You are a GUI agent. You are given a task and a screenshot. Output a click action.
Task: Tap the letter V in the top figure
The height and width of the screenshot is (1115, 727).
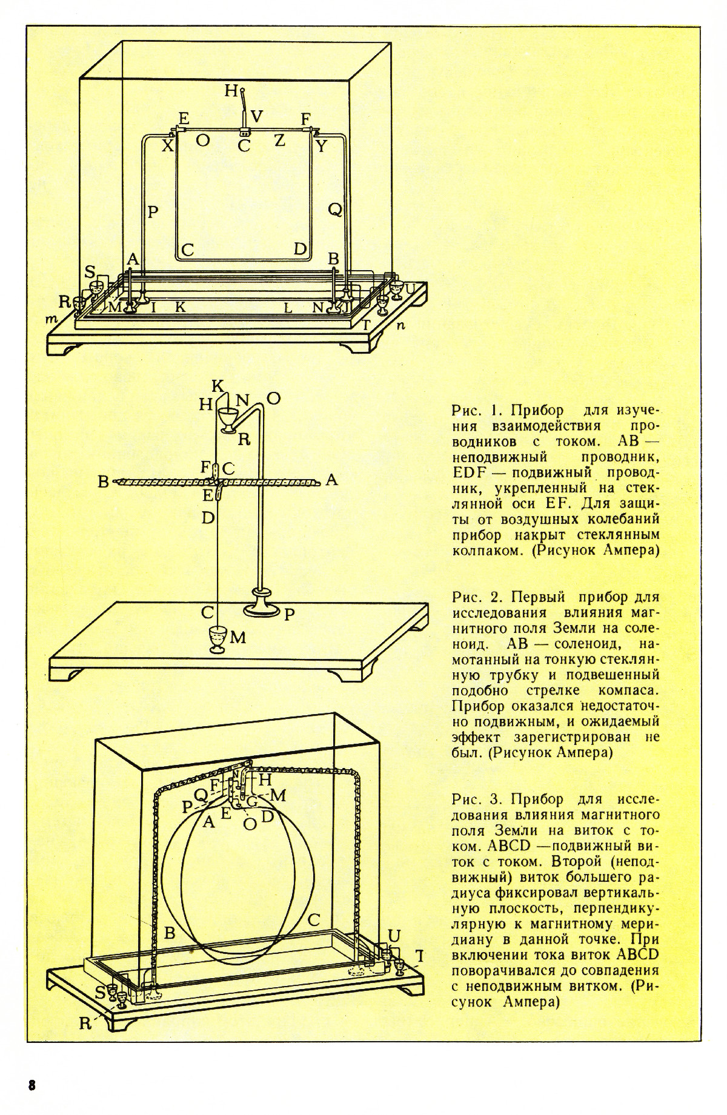point(257,117)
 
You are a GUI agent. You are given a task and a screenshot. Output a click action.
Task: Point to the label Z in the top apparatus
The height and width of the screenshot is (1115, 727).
point(279,141)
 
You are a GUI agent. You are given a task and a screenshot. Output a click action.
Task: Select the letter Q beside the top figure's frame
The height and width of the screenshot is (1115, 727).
point(335,210)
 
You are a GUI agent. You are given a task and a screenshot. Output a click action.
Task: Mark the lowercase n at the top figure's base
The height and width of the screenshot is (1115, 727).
point(400,325)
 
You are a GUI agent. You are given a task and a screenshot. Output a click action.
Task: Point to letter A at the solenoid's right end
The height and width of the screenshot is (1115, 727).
point(331,480)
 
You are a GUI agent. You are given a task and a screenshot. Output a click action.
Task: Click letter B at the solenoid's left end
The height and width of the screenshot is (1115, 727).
point(103,483)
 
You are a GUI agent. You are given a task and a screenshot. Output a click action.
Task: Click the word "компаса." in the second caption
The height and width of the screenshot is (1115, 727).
point(629,690)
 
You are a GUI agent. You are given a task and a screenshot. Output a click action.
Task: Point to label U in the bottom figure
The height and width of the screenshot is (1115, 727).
point(394,936)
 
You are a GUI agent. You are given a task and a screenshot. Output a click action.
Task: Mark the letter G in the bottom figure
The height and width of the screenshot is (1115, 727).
point(253,802)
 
